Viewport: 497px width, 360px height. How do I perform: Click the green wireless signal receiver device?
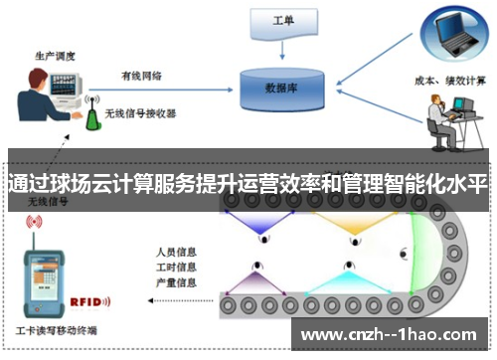pos(94,115)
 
